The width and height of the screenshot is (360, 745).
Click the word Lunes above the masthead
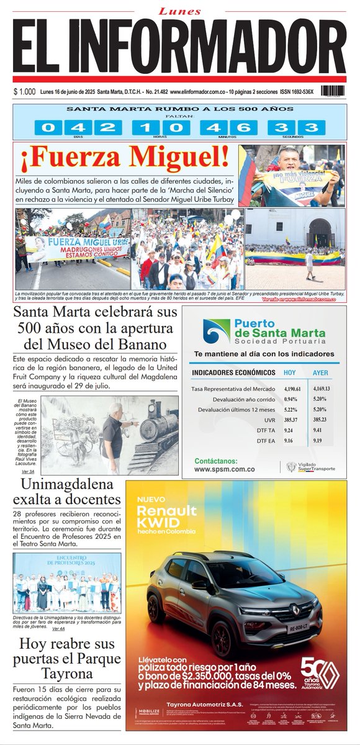[180, 11]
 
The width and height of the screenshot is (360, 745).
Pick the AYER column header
[320, 372]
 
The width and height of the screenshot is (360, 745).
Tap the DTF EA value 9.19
[318, 441]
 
